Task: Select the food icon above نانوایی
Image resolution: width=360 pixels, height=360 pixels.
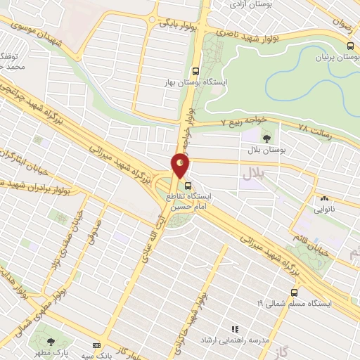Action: click(x=325, y=199)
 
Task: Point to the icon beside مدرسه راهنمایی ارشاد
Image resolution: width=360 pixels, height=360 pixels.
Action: click(x=236, y=328)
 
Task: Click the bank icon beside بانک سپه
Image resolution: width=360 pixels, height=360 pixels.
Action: click(x=96, y=345)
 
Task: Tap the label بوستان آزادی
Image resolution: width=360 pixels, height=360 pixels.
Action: click(x=253, y=5)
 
